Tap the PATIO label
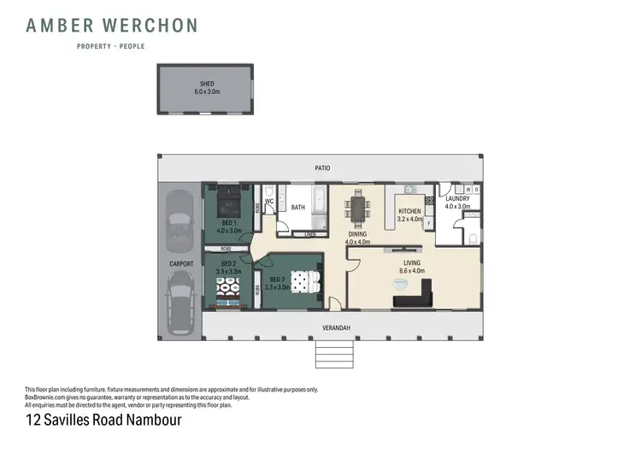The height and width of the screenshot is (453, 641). click(x=321, y=168)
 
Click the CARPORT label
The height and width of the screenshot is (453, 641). click(x=181, y=263)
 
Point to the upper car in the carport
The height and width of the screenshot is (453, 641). click(x=179, y=220)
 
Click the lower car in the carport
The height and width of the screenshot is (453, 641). click(x=179, y=306)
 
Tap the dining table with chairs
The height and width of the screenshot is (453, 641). click(x=356, y=209)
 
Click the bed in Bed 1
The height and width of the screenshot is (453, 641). click(x=228, y=203)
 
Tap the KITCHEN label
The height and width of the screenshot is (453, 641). click(x=410, y=210)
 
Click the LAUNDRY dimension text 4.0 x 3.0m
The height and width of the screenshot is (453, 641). click(x=458, y=206)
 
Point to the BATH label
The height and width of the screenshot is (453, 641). click(x=298, y=207)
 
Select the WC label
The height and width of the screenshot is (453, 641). click(x=268, y=202)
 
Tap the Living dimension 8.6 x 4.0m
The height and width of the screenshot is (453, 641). click(x=410, y=271)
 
